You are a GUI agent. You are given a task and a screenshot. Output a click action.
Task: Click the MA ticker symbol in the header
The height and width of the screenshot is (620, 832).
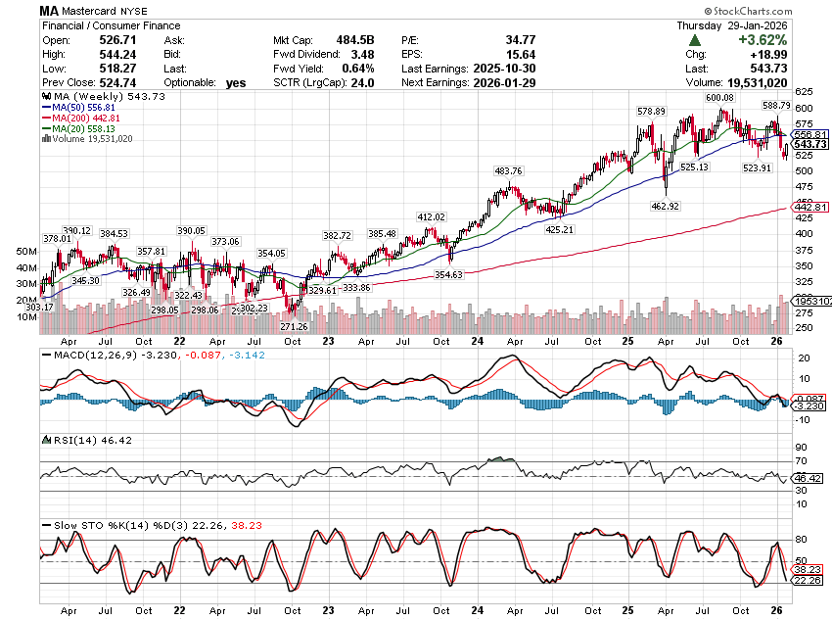point(49,10)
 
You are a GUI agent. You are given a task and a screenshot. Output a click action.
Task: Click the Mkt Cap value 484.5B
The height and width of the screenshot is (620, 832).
point(353,40)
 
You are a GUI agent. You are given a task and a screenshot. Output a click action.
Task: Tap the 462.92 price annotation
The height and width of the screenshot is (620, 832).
point(667,207)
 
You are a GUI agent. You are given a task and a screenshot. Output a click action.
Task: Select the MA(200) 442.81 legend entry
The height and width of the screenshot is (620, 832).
point(88,118)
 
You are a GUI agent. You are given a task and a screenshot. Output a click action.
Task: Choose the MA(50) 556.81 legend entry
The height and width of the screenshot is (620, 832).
point(84,107)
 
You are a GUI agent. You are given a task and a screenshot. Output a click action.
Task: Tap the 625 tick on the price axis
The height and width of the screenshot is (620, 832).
point(804,107)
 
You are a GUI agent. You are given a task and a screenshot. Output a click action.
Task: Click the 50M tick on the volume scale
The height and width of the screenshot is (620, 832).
point(26,252)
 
